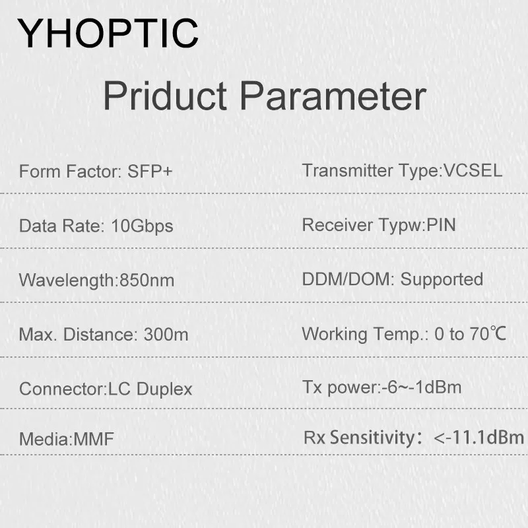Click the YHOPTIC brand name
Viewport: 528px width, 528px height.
pyautogui.click(x=108, y=34)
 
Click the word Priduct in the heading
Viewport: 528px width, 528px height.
pyautogui.click(x=165, y=95)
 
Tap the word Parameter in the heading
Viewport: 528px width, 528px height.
pyautogui.click(x=333, y=95)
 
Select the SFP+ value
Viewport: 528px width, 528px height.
pyautogui.click(x=150, y=171)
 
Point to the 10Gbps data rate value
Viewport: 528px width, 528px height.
pyautogui.click(x=142, y=226)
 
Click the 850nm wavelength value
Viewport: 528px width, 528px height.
pyautogui.click(x=147, y=280)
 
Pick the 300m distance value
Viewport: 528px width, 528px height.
pyautogui.click(x=166, y=335)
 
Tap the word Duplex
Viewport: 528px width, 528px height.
pyautogui.click(x=164, y=389)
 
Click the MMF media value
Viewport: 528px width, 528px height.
pyautogui.click(x=94, y=439)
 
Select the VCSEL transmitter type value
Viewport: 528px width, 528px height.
pyautogui.click(x=473, y=170)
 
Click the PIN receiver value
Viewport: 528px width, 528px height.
pyautogui.click(x=441, y=224)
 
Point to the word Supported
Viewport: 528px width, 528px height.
pyautogui.click(x=442, y=279)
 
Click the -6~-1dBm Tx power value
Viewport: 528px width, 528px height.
pyautogui.click(x=421, y=387)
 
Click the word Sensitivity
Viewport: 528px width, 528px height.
pyautogui.click(x=372, y=438)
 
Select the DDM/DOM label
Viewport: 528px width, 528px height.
pyautogui.click(x=346, y=279)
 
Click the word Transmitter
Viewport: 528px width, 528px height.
pyautogui.click(x=348, y=170)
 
